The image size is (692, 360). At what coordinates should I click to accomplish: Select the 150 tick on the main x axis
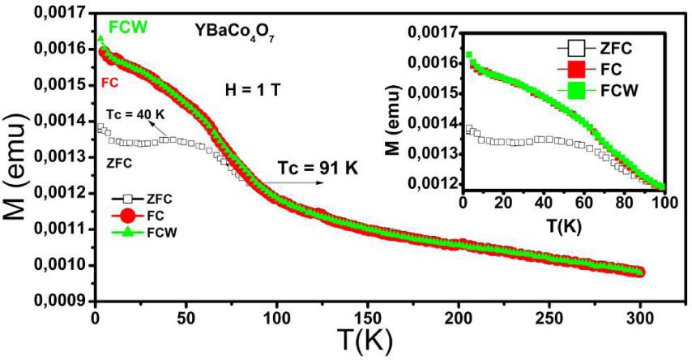pyautogui.click(x=368, y=316)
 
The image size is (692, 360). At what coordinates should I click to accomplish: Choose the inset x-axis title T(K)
pyautogui.click(x=557, y=225)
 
